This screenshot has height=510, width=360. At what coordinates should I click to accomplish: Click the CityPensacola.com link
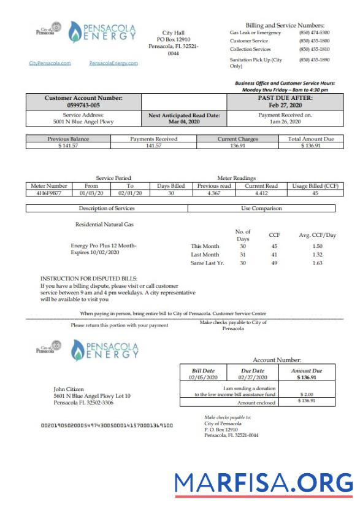pos(50,63)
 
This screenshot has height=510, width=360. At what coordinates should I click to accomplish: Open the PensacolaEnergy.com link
pos(113,63)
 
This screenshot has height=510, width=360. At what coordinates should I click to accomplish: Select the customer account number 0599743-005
pos(83,105)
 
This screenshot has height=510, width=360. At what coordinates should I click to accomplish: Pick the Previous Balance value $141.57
pos(68,145)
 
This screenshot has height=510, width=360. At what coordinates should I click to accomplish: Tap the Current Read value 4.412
pos(262,193)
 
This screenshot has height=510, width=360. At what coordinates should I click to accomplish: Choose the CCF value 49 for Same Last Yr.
pos(274,263)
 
